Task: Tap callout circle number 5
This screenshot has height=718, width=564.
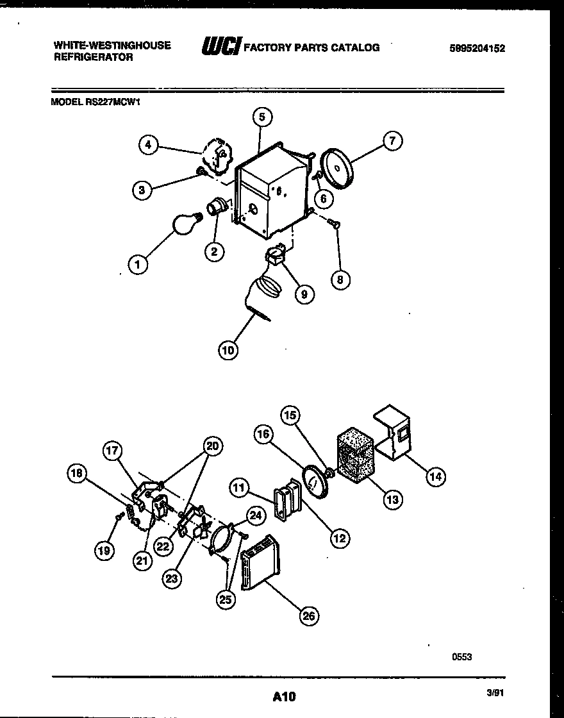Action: coord(261,117)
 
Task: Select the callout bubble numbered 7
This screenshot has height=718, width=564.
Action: coord(392,140)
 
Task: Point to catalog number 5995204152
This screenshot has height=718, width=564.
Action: coord(477,47)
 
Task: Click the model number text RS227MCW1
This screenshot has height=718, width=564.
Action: coord(113,101)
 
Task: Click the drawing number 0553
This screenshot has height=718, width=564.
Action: coord(461,656)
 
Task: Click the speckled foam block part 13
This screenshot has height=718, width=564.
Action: coord(356,455)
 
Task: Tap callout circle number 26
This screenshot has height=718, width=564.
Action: coord(309,616)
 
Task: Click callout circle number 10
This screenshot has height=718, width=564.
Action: coord(228,350)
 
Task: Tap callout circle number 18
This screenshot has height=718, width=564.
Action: coord(77,474)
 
